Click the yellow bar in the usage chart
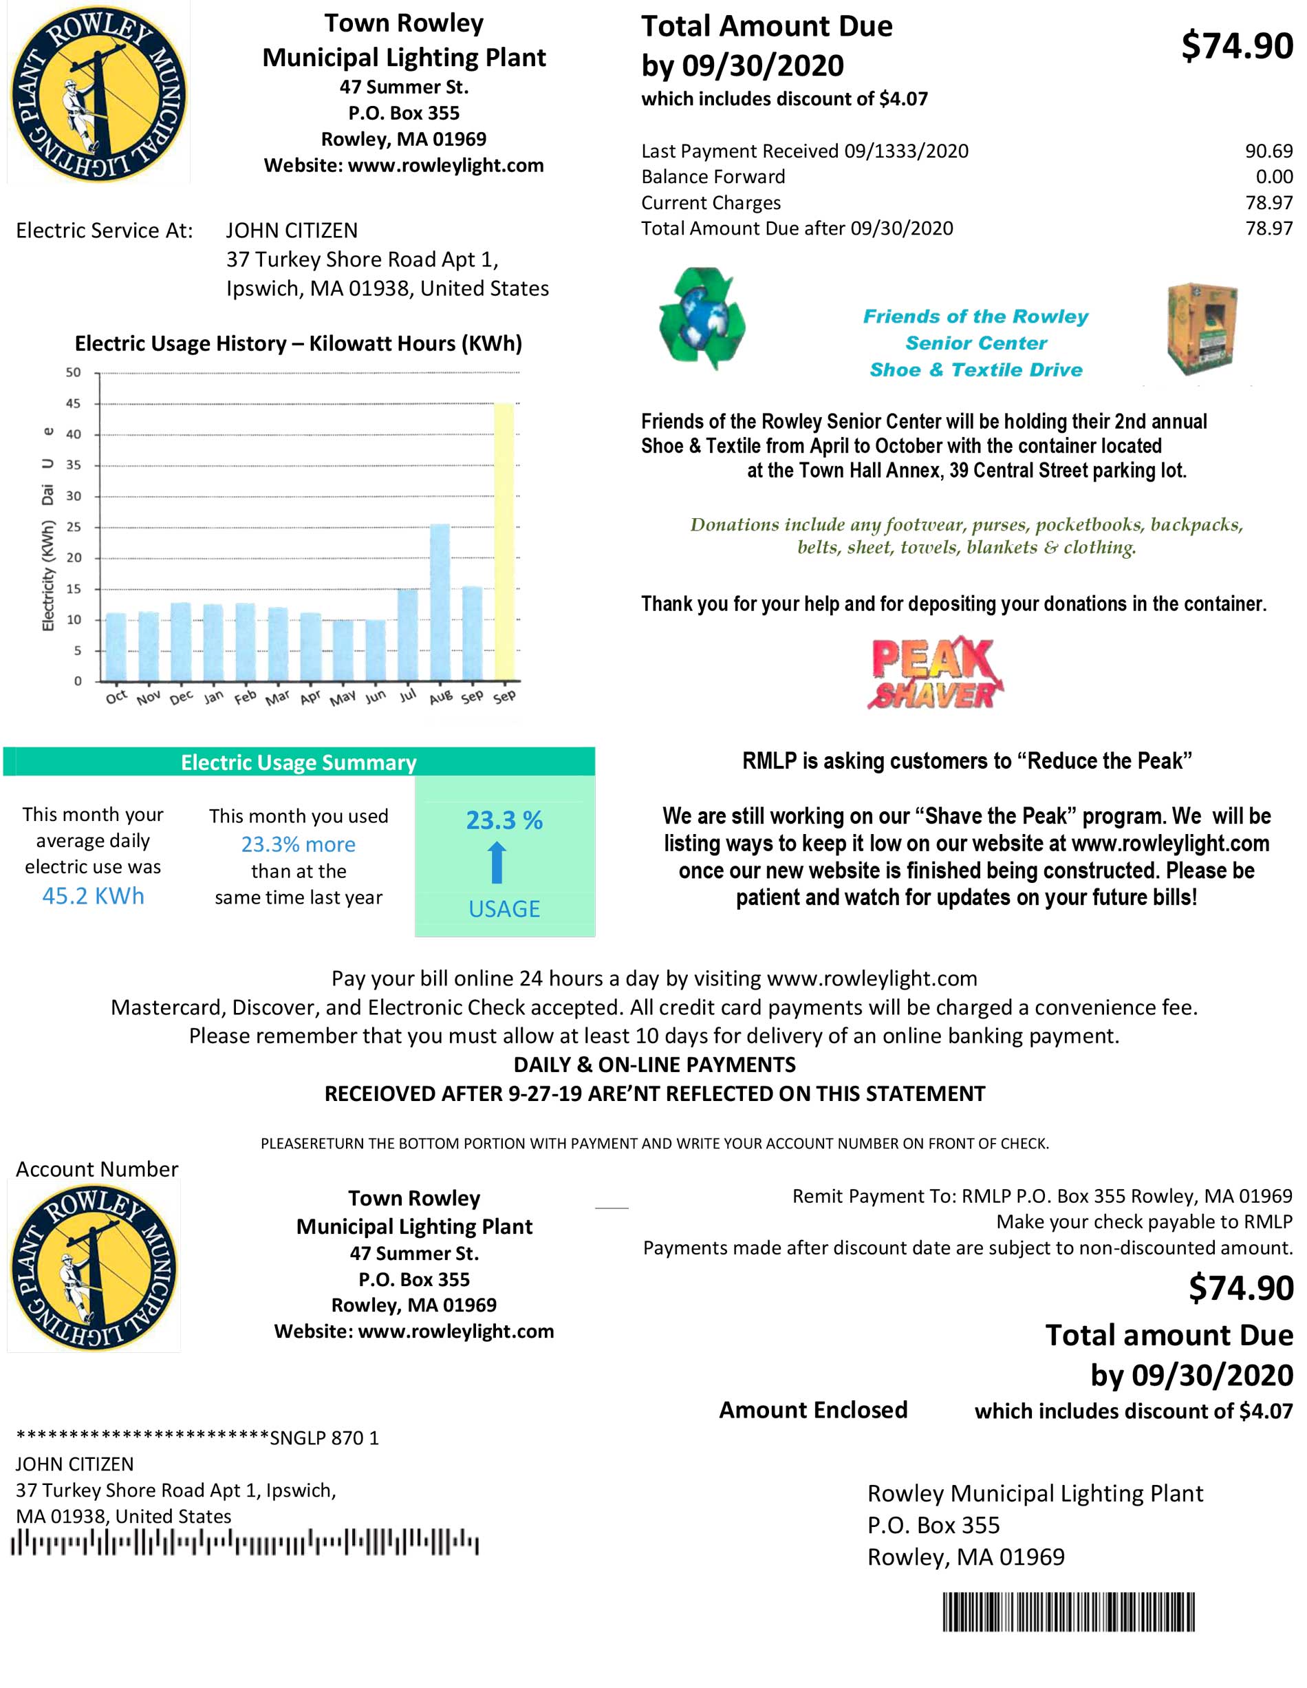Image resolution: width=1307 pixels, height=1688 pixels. [504, 541]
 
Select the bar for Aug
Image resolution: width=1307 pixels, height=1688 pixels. [440, 602]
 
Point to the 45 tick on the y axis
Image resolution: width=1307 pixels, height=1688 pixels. [74, 403]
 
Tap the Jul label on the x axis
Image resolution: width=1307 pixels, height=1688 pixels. [407, 696]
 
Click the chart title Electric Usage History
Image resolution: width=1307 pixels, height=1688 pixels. [298, 343]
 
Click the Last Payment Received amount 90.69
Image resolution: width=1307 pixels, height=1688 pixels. [1268, 151]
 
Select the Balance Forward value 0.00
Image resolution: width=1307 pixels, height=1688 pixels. [1274, 177]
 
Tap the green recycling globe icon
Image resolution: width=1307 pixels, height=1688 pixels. [702, 319]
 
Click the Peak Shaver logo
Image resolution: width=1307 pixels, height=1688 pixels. [935, 672]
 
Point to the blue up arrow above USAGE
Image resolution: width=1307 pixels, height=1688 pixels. [497, 862]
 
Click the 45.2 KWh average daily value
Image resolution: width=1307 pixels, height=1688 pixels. [93, 896]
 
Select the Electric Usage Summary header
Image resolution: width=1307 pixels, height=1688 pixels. [298, 762]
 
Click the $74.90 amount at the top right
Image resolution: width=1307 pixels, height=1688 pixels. [1237, 45]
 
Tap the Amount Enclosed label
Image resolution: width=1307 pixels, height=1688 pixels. [812, 1410]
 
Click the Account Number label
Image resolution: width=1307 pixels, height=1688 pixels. [96, 1169]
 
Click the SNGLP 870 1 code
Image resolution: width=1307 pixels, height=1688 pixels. [325, 1438]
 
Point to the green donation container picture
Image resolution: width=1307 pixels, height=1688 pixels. [1201, 328]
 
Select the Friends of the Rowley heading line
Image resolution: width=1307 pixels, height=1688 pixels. [975, 316]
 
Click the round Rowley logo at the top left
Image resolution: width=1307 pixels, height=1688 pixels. [98, 93]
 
